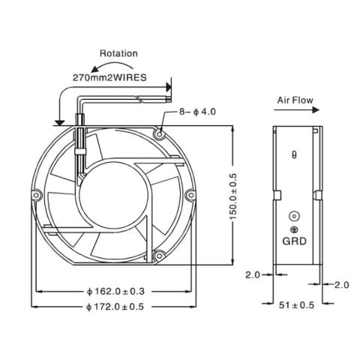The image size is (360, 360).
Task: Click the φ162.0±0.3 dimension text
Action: click(115, 291)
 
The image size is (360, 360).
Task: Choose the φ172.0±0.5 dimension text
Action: click(115, 306)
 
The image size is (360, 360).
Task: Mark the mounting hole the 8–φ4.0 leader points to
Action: click(160, 132)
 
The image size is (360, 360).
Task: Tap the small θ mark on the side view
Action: click(293, 155)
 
